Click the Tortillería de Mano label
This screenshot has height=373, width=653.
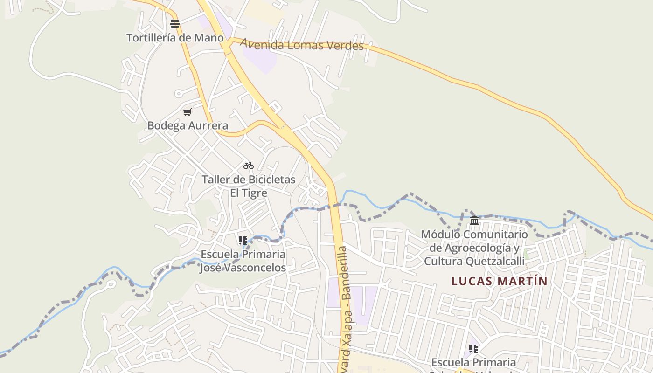click(175, 38)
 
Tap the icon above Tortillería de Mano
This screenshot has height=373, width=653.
click(175, 24)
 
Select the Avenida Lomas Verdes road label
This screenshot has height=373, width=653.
click(302, 45)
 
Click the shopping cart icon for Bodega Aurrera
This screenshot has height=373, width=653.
click(188, 112)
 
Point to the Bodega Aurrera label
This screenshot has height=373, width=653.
click(188, 125)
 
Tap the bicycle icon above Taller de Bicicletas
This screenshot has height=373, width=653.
click(249, 166)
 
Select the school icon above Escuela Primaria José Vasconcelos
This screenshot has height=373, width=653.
click(243, 241)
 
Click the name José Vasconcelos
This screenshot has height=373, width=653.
click(243, 268)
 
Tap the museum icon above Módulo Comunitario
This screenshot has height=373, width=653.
click(474, 220)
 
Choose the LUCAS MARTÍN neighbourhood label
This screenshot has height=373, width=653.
click(499, 281)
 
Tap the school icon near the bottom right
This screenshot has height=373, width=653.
click(473, 349)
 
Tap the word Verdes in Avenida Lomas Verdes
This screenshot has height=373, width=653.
click(341, 46)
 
